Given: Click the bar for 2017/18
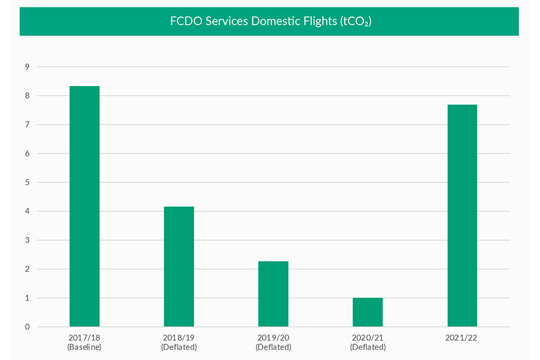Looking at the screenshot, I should (x=84, y=206).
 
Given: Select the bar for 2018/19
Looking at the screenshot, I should (x=179, y=267).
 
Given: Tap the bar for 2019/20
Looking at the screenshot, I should (x=273, y=294).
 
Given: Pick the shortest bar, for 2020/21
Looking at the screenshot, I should (x=368, y=312).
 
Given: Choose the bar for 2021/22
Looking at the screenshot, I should (x=462, y=215).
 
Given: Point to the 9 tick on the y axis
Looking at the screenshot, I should (x=25, y=67).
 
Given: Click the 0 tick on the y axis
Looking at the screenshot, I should (x=25, y=327).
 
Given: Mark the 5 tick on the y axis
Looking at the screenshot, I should (x=25, y=182).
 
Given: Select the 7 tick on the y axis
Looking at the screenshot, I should (x=25, y=125).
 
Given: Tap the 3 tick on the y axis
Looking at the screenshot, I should (x=25, y=240).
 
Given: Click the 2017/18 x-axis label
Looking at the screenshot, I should (x=84, y=337).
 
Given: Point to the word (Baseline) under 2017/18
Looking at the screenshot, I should (x=84, y=347).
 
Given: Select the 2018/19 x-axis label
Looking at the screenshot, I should (x=179, y=337).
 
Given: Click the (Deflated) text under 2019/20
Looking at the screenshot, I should (x=273, y=347).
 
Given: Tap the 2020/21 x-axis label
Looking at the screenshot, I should (x=368, y=337).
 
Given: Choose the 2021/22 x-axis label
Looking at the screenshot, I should (x=462, y=337).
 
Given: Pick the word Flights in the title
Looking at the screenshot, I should (x=318, y=21).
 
